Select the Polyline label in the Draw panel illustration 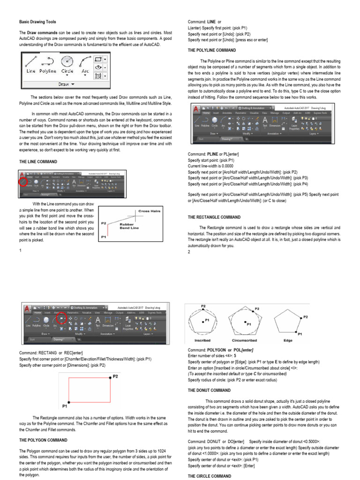tap(48, 71)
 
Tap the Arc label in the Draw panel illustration tap(85, 71)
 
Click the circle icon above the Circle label tap(67, 61)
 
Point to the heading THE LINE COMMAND tap(37, 162)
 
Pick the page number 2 tap(189, 252)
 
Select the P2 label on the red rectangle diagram tap(116, 376)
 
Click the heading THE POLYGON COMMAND tap(43, 440)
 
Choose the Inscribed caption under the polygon tap(203, 341)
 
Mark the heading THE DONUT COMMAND tap(210, 390)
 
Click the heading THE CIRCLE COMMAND tap(210, 476)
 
